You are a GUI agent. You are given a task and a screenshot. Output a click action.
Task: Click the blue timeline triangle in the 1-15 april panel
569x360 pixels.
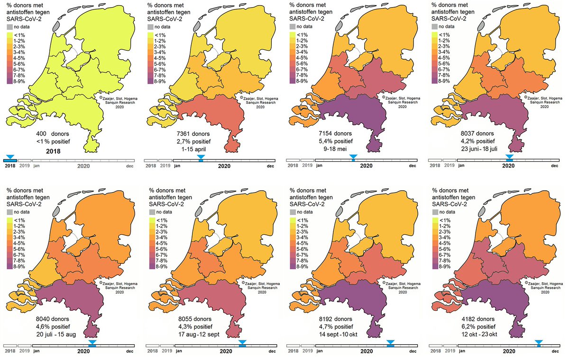201,157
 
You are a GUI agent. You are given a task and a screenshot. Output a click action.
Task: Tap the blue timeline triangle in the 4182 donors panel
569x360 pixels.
539,342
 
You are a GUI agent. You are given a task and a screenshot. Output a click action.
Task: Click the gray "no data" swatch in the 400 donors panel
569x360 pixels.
9,26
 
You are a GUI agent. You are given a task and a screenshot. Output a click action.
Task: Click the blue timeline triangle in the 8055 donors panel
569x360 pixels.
242,342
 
